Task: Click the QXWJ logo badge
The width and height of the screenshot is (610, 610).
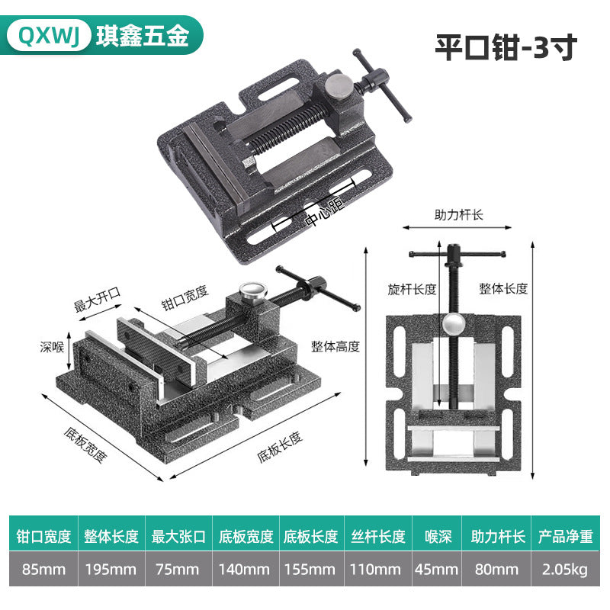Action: (49, 35)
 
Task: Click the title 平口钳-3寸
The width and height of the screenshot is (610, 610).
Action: (506, 47)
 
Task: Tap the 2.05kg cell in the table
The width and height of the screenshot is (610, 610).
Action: (565, 569)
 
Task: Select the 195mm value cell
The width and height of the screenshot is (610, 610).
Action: (111, 569)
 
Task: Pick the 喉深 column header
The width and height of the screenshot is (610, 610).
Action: (438, 536)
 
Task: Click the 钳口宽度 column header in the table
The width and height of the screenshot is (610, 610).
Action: (43, 536)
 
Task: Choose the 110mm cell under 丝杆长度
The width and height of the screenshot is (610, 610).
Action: (375, 569)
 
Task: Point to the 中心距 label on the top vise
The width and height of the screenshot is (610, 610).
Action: (325, 212)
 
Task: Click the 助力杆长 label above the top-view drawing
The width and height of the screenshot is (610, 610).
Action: (459, 215)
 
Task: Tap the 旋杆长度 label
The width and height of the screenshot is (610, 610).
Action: (412, 289)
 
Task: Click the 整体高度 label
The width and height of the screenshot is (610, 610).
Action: (335, 346)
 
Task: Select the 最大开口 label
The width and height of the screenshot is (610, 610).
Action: (98, 300)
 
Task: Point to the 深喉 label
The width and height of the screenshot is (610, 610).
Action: (52, 347)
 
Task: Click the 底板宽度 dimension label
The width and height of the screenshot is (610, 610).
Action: (85, 445)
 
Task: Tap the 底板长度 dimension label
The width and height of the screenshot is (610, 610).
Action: (280, 447)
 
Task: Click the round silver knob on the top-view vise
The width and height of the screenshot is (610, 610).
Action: (453, 323)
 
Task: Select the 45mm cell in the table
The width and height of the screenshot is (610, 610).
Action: (437, 569)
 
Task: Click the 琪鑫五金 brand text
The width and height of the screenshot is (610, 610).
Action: (143, 36)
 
